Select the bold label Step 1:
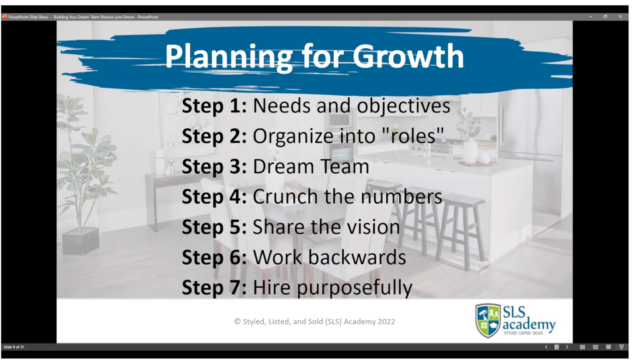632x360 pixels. pyautogui.click(x=214, y=106)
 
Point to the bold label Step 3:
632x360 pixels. pyautogui.click(x=214, y=167)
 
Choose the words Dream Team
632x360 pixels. pyautogui.click(x=311, y=167)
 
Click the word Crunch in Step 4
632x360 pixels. pyautogui.click(x=286, y=197)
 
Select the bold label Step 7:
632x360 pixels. pyautogui.click(x=214, y=287)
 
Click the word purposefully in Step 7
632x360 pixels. pyautogui.click(x=355, y=288)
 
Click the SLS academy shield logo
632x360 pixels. pyautogui.click(x=488, y=320)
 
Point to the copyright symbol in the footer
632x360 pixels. pyautogui.click(x=237, y=322)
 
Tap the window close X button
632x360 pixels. pyautogui.click(x=620, y=17)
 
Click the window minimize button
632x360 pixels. pyautogui.click(x=590, y=17)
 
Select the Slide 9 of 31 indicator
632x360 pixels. pyautogui.click(x=14, y=347)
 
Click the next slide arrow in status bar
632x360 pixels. pyautogui.click(x=567, y=347)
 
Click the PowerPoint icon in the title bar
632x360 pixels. pyautogui.click(x=4, y=17)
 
